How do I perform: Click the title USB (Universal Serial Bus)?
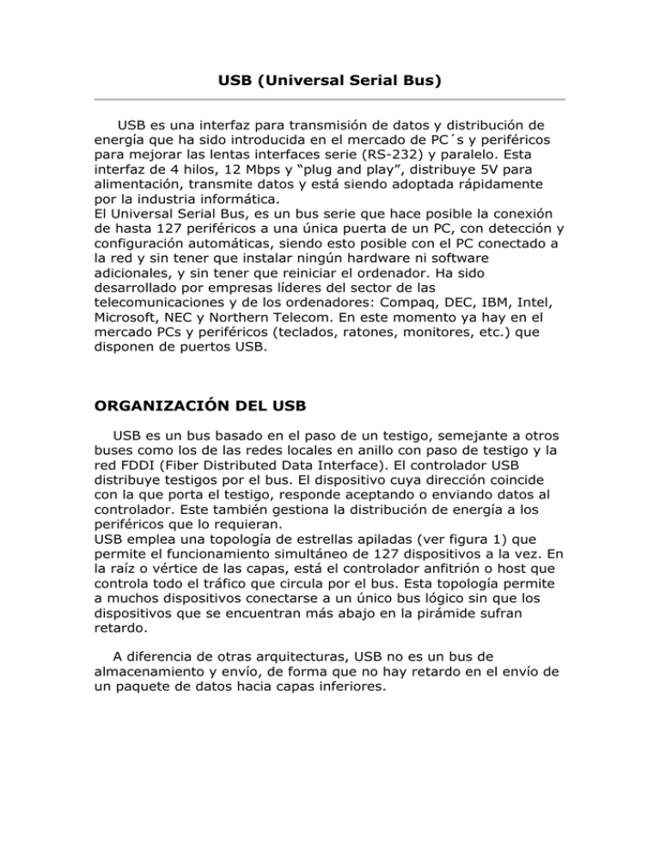pyautogui.click(x=330, y=82)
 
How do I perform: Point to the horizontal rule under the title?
pyautogui.click(x=330, y=100)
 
